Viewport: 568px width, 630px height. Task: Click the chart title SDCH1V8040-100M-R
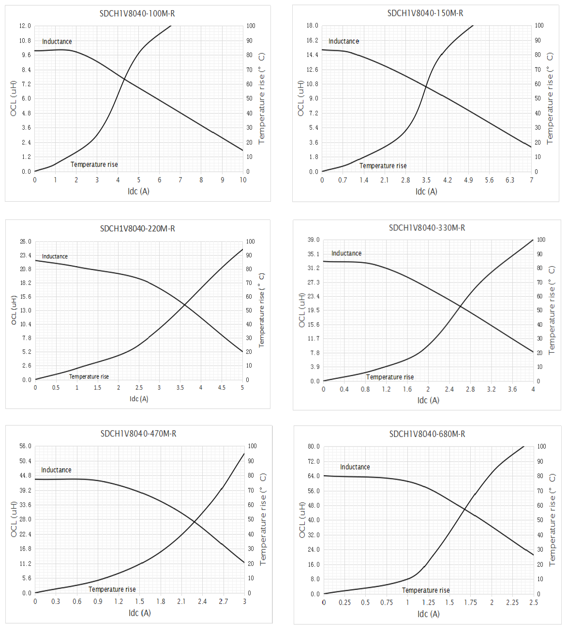[x=137, y=14]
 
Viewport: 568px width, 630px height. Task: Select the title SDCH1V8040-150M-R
[x=425, y=13]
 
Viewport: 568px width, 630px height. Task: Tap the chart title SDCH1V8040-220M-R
[x=137, y=228]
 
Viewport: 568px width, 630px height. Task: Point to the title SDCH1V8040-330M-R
[x=427, y=227]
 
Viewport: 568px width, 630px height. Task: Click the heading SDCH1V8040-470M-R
[x=138, y=434]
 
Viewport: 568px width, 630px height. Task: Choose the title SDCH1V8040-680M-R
[x=427, y=434]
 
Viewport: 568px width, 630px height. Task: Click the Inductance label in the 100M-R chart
[x=57, y=42]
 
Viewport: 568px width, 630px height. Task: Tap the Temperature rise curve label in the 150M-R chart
[x=383, y=165]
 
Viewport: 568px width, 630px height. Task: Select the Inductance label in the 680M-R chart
[x=355, y=467]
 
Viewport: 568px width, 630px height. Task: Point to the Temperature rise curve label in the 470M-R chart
[x=112, y=589]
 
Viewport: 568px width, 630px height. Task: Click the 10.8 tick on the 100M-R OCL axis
[x=25, y=41]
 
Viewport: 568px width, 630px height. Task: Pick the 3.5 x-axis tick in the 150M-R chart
[x=426, y=180]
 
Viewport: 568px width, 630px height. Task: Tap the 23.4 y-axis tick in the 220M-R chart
[x=26, y=255]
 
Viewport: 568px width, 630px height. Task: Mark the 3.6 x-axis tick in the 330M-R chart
[x=512, y=389]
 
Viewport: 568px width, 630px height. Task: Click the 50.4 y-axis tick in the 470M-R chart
[x=25, y=461]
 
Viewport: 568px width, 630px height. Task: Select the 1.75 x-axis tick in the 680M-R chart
[x=471, y=602]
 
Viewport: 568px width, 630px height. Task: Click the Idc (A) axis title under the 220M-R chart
[x=139, y=399]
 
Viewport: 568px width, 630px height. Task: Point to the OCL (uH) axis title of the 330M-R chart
[x=302, y=310]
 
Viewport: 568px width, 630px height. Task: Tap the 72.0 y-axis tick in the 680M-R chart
[x=314, y=462]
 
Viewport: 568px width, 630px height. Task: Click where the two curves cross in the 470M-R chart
[x=194, y=521]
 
